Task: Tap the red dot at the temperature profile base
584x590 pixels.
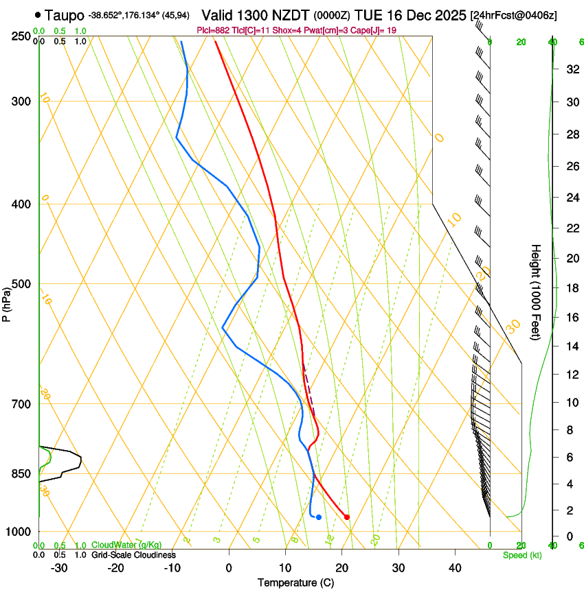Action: [347, 517]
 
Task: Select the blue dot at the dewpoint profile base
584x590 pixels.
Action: [319, 517]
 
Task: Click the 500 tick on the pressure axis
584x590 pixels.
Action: [21, 284]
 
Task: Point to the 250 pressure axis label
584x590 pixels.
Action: [21, 36]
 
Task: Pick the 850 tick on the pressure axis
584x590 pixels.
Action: [21, 473]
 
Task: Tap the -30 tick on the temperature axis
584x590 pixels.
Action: [59, 568]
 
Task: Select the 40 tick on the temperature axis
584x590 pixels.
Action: [455, 568]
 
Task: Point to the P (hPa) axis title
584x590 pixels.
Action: [6, 304]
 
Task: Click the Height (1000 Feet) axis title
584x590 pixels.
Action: [537, 292]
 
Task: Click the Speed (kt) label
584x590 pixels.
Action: [521, 555]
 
